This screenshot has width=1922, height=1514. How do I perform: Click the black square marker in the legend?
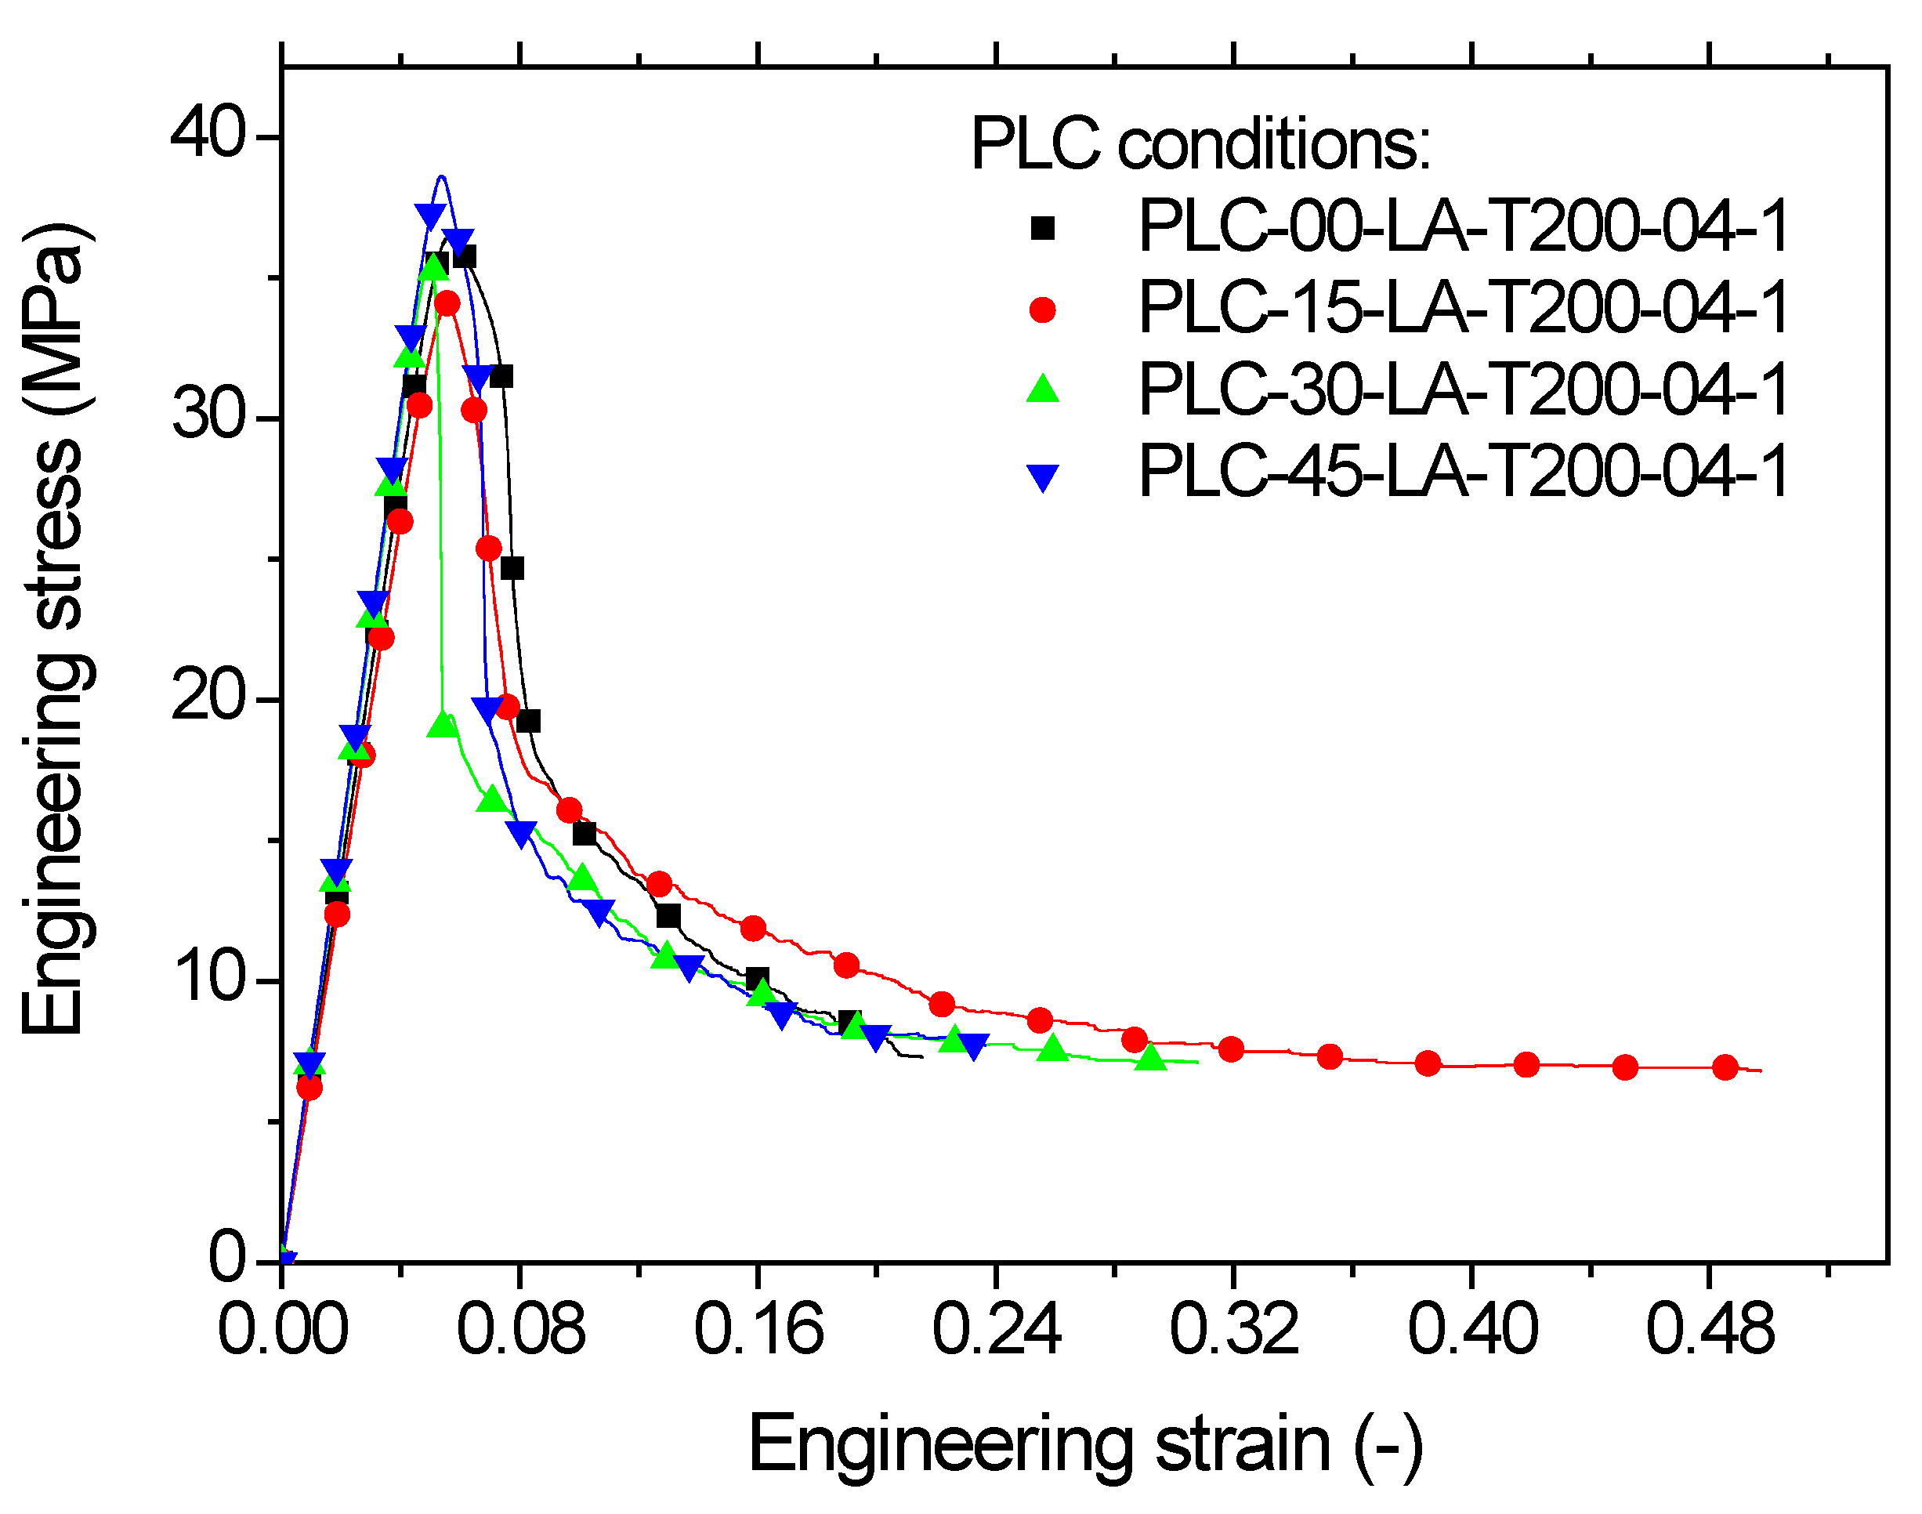[x=1043, y=229]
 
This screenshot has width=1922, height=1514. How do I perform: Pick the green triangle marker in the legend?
[x=1043, y=389]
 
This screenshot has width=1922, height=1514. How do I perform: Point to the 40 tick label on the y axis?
[x=208, y=135]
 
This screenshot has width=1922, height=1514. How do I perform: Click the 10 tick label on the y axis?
[x=208, y=979]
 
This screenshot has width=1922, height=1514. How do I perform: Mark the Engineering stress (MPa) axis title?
[x=55, y=629]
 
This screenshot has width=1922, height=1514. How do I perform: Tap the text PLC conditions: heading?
[x=1200, y=144]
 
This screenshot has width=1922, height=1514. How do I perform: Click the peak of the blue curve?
[x=441, y=176]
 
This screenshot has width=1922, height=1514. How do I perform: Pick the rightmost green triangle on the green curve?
[x=1150, y=1057]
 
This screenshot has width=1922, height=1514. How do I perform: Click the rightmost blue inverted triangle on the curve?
[x=973, y=1047]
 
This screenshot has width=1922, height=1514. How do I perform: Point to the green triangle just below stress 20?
[x=443, y=725]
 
